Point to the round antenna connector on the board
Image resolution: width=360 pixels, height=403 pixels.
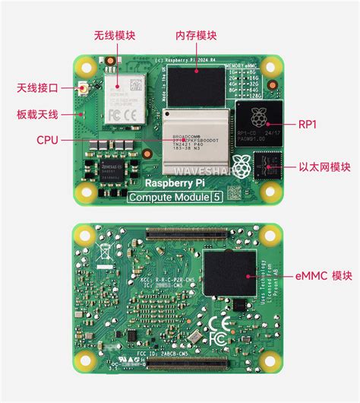(x=82, y=90)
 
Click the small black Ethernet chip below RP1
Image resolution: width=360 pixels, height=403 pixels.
(x=267, y=163)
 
